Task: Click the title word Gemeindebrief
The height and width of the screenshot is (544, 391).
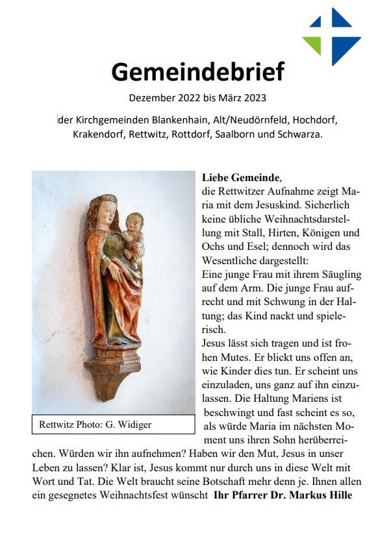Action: [197, 71]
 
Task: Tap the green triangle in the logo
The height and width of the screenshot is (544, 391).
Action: [313, 43]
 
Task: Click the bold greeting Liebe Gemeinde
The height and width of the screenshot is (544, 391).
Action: [241, 177]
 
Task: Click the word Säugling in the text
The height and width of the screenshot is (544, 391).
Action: [338, 275]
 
